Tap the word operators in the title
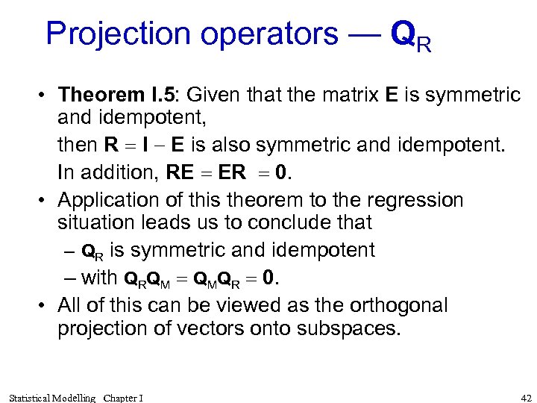coord(273,34)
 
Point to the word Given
coord(211,95)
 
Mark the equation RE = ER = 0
coord(228,172)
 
